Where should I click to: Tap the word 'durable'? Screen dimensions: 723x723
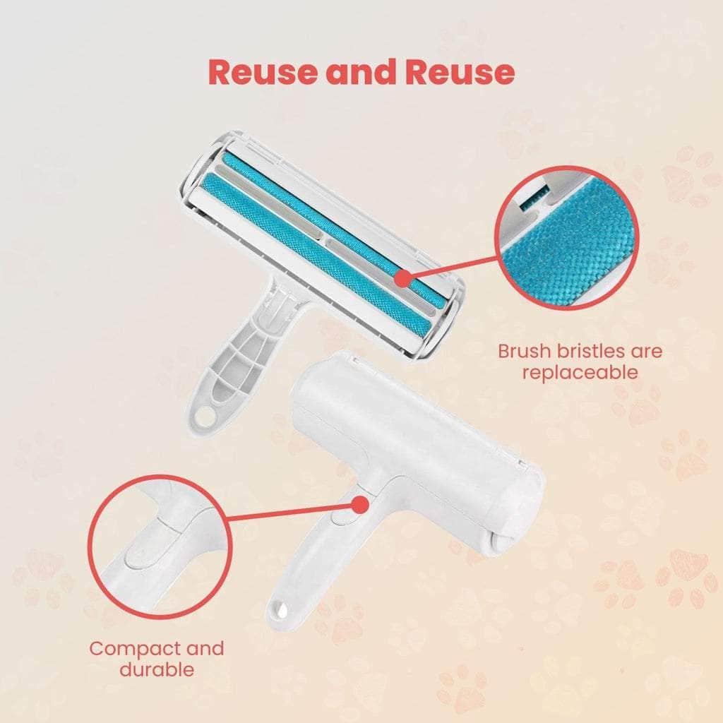pyautogui.click(x=157, y=669)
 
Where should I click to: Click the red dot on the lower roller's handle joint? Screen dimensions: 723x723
pyautogui.click(x=360, y=505)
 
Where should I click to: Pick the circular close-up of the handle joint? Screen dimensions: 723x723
pyautogui.click(x=160, y=546)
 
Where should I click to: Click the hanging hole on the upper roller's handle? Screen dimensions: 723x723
pyautogui.click(x=204, y=417)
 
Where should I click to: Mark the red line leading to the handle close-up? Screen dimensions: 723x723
pyautogui.click(x=293, y=518)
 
